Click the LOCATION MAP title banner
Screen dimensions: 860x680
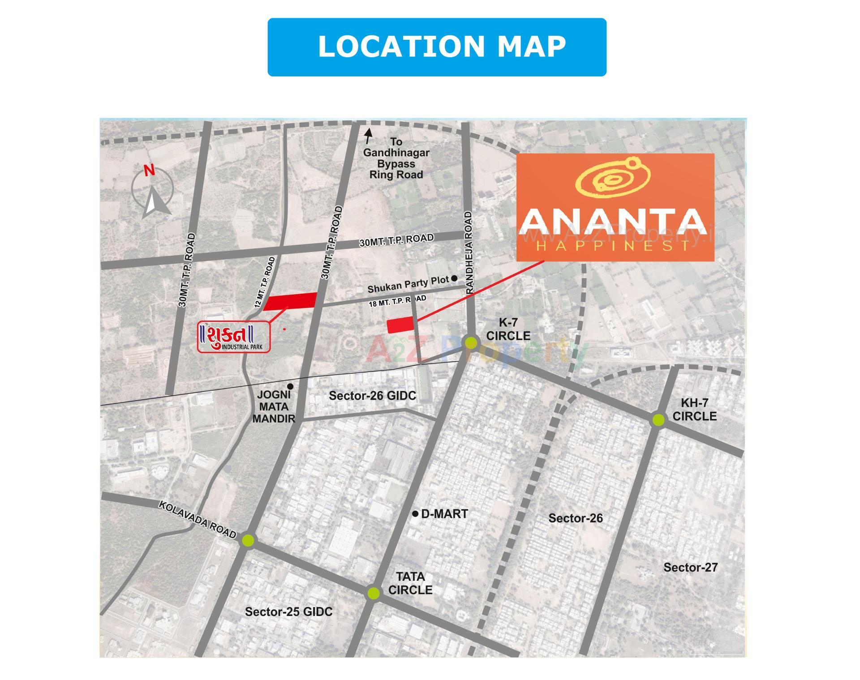[x=437, y=47]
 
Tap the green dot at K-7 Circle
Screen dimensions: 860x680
[x=471, y=343]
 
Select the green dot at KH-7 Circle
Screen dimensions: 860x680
[x=658, y=419]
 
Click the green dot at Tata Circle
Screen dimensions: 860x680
[x=373, y=593]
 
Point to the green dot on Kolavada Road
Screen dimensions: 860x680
[x=248, y=540]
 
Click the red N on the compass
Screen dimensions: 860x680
[x=149, y=171]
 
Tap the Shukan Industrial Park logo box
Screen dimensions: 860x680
[x=234, y=337]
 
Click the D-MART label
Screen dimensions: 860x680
[x=444, y=514]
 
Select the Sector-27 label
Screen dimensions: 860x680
[x=690, y=568]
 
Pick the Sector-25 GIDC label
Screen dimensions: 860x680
[x=288, y=612]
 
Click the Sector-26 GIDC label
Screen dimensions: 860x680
[x=372, y=396]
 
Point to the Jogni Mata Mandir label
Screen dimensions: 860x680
[x=273, y=407]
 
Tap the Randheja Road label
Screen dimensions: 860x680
[x=469, y=252]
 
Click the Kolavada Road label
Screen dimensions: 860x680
[x=198, y=519]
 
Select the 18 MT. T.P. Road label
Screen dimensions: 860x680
[x=397, y=301]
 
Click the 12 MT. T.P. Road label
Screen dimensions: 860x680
[x=265, y=282]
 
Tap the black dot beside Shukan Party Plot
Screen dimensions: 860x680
[x=454, y=278]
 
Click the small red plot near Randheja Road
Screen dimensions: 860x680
[x=400, y=325]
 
